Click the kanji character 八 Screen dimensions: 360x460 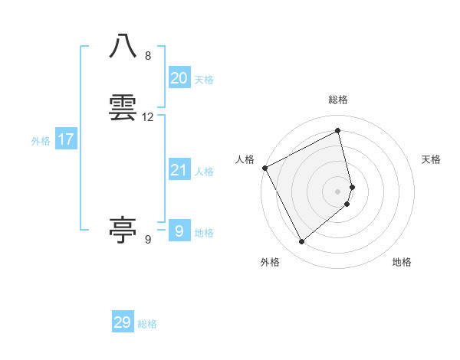point(123,46)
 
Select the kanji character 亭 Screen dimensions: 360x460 point(123,229)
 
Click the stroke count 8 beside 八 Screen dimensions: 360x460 point(148,56)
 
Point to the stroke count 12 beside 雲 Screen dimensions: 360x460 point(148,117)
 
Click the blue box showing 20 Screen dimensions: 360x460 point(179,77)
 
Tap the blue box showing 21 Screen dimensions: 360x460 point(179,169)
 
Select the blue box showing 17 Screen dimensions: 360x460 point(66,139)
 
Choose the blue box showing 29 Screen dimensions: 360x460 point(123,322)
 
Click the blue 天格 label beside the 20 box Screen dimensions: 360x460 point(204,80)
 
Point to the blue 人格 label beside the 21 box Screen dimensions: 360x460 point(204,172)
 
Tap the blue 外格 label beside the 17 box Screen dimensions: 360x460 point(41,141)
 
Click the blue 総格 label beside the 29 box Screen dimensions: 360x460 point(147,325)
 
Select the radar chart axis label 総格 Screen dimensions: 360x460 point(338,100)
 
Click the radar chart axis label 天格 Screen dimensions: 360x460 point(432,159)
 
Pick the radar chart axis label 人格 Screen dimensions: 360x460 point(245,159)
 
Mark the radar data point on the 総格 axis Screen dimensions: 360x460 point(338,131)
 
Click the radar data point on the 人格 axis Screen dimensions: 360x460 point(264,168)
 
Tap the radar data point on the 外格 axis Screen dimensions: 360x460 point(301,242)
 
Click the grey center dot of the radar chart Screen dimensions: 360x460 point(338,191)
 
